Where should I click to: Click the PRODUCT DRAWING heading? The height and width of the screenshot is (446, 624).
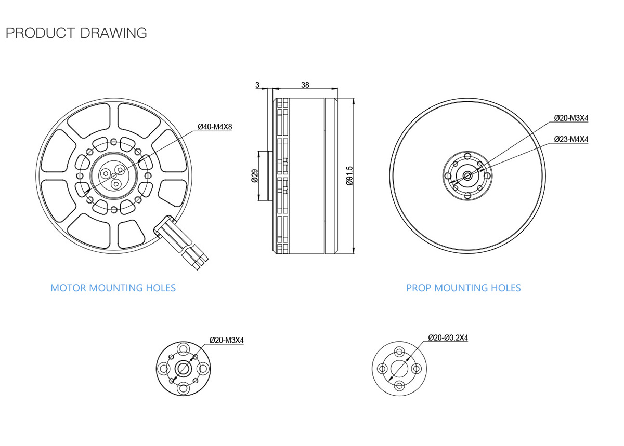coord(76,33)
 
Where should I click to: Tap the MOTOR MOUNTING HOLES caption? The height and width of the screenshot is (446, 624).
coord(113,288)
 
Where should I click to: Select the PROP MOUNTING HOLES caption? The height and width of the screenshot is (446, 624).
coord(463,288)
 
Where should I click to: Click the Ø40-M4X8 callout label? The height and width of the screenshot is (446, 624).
coord(214,127)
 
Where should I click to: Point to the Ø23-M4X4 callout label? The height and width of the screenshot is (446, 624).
coord(570,139)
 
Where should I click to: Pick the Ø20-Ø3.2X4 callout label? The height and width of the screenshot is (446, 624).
coord(448,337)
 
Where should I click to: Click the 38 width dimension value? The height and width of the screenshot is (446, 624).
coord(305,85)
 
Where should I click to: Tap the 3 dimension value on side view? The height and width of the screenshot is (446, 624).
coord(257,85)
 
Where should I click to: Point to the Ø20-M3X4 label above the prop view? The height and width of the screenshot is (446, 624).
coord(570,118)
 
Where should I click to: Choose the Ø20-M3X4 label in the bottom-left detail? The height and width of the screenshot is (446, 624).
coord(227,340)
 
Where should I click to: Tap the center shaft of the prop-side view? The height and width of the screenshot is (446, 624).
coord(467,175)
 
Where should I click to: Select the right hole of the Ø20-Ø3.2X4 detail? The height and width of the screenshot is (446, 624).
coord(416,368)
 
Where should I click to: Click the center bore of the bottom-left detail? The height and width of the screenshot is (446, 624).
coord(183,368)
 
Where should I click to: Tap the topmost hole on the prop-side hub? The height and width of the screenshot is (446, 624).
coord(467,156)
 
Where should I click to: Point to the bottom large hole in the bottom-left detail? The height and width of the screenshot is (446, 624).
coord(183,387)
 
